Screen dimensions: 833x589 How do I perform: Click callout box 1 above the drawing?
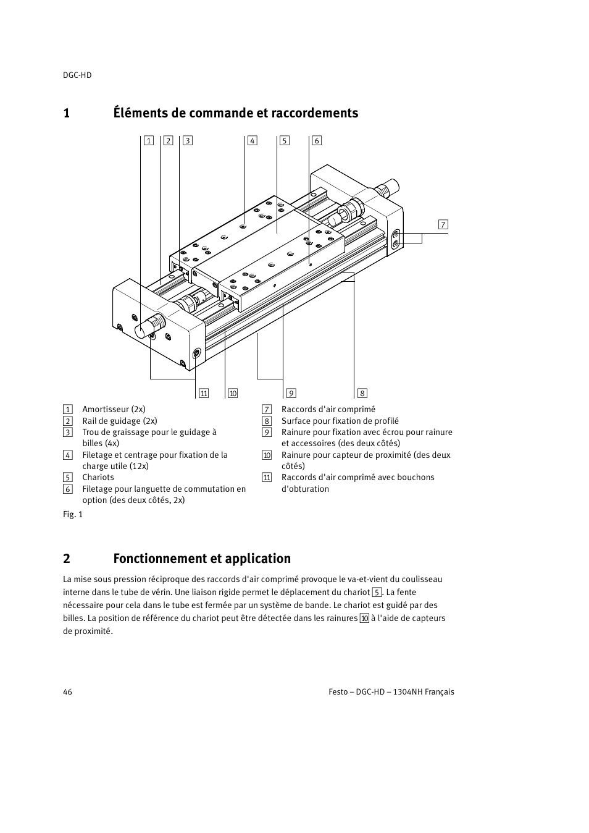(148, 140)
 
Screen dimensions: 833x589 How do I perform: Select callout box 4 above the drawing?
(252, 140)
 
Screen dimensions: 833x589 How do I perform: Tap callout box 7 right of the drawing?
(443, 224)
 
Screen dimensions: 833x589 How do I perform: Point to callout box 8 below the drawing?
(362, 393)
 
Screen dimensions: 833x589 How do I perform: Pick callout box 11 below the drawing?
(204, 393)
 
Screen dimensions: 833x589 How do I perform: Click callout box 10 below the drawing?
(233, 393)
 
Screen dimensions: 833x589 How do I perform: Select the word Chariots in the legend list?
(98, 477)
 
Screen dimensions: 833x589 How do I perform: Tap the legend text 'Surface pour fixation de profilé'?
(340, 421)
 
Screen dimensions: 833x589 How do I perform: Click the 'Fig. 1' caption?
(73, 514)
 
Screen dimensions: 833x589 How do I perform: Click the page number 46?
(67, 691)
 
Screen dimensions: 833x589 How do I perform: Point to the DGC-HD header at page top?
(77, 75)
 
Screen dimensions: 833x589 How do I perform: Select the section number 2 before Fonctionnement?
(67, 559)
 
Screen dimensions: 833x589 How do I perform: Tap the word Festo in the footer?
(338, 691)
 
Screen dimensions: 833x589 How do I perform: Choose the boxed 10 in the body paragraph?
(364, 618)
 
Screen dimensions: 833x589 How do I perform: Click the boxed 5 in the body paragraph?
(377, 592)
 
